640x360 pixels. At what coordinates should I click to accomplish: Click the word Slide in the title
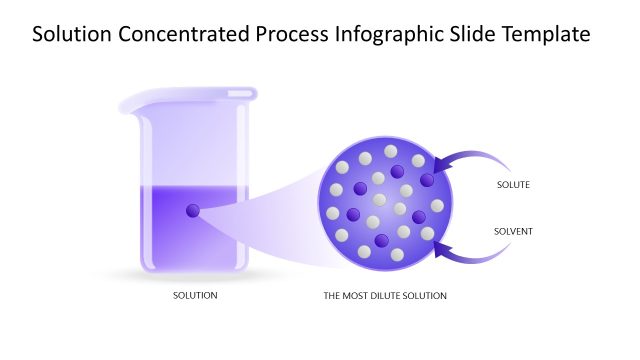pyautogui.click(x=468, y=35)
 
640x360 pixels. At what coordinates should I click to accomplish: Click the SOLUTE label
pyautogui.click(x=513, y=185)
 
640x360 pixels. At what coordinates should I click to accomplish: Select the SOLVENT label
pyautogui.click(x=513, y=232)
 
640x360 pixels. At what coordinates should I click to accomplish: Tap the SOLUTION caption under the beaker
pyautogui.click(x=195, y=296)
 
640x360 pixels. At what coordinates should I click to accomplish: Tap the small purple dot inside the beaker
pyautogui.click(x=193, y=211)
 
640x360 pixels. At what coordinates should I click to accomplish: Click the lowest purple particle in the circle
pyautogui.click(x=381, y=241)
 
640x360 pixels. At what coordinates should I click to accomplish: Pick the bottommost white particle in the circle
pyautogui.click(x=397, y=255)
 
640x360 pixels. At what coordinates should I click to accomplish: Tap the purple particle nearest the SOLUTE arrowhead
pyautogui.click(x=428, y=180)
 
